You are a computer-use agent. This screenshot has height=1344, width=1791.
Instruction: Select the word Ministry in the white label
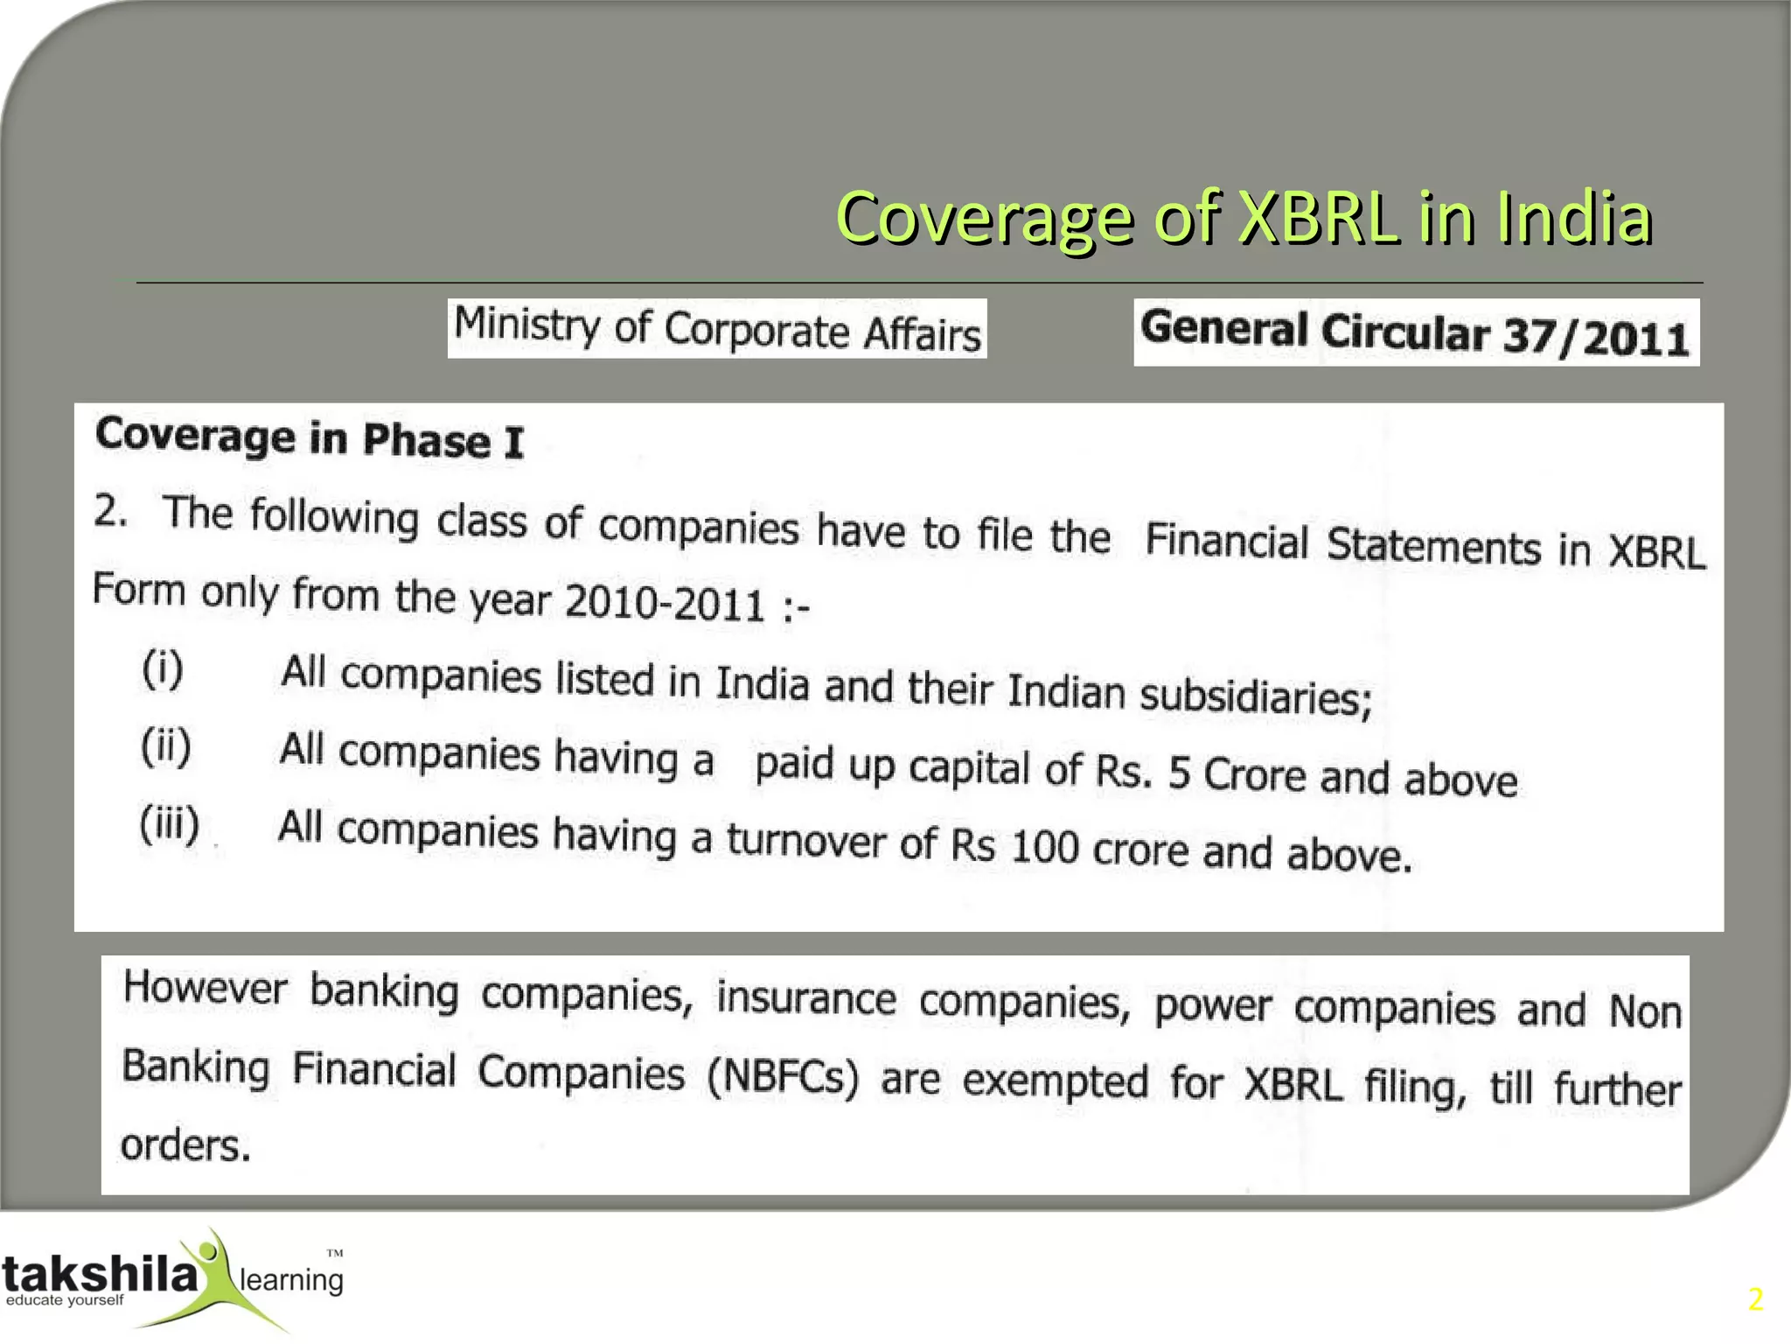[526, 324]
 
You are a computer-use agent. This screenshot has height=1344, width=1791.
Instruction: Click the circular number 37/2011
[1595, 336]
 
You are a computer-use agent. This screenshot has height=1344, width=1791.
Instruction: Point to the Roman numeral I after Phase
[513, 442]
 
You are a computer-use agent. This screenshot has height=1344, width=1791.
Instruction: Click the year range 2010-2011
[665, 602]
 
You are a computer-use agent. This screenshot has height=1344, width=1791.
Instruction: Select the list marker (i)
[163, 670]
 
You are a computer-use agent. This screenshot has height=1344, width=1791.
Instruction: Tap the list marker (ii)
[166, 747]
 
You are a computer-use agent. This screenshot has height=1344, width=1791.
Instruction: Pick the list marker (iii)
[170, 824]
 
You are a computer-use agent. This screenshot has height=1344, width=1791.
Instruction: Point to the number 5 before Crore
[1179, 773]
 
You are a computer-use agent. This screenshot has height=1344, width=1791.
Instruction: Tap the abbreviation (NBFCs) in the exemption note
[783, 1076]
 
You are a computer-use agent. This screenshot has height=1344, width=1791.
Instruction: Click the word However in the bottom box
[205, 989]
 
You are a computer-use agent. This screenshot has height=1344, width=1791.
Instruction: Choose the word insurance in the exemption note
[805, 998]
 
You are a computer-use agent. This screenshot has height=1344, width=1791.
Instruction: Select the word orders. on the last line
[185, 1145]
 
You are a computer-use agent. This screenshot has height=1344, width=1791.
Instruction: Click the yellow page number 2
[1755, 1299]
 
